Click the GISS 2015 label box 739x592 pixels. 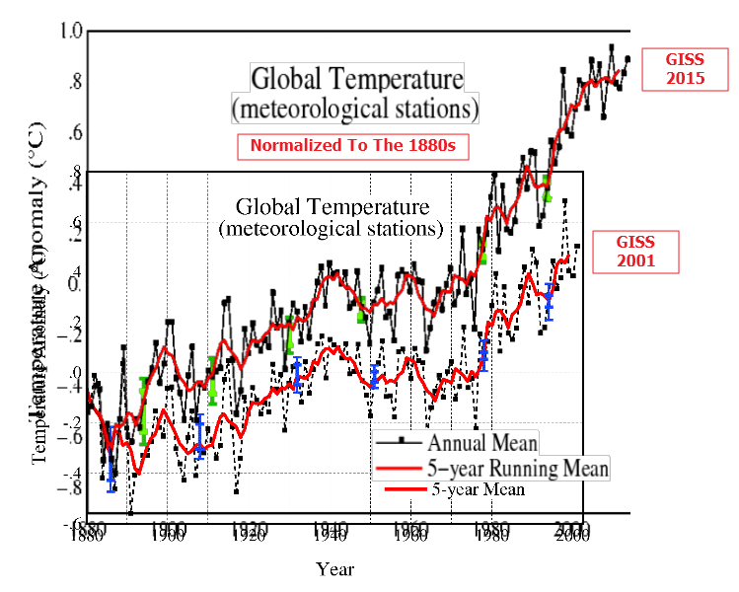point(677,70)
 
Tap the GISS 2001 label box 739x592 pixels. point(635,253)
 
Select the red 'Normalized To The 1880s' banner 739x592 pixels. point(351,146)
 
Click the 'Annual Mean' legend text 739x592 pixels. point(481,442)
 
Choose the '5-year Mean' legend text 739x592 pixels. point(478,489)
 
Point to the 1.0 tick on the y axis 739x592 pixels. point(68,32)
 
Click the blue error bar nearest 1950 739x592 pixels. point(374,376)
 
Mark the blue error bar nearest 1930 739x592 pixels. point(296,375)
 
